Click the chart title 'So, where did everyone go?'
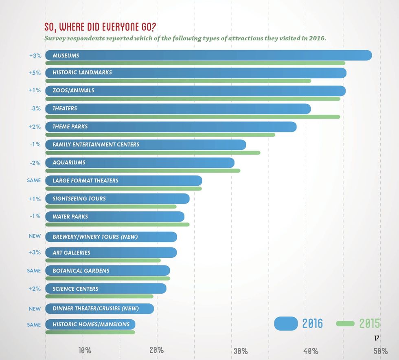click(x=100, y=27)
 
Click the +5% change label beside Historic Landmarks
click(x=35, y=72)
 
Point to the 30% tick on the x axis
click(x=240, y=351)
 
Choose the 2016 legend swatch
click(x=287, y=323)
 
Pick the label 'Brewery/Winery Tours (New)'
click(x=95, y=237)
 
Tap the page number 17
click(x=376, y=338)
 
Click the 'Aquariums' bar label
click(x=69, y=162)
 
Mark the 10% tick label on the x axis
click(x=85, y=350)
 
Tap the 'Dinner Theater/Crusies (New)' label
click(x=96, y=309)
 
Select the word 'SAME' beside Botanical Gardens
click(x=34, y=270)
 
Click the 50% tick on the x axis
click(x=380, y=350)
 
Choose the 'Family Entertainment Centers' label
click(x=96, y=145)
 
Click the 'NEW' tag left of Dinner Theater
click(x=35, y=309)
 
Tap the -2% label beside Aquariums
click(x=35, y=162)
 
